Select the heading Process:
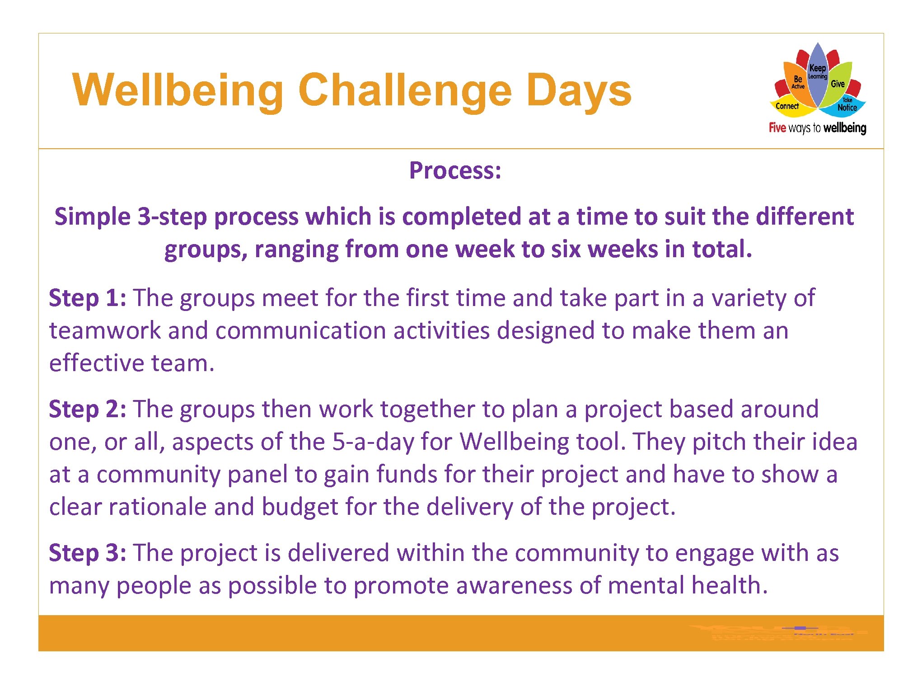pyautogui.click(x=455, y=171)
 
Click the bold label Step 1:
pyautogui.click(x=87, y=298)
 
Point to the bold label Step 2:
pyautogui.click(x=87, y=410)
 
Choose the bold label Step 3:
pyautogui.click(x=87, y=553)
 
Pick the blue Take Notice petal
pyautogui.click(x=847, y=106)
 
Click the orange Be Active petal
pyautogui.click(x=797, y=81)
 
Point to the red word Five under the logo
pyautogui.click(x=777, y=128)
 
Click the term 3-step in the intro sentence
pyautogui.click(x=172, y=217)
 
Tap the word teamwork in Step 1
pyautogui.click(x=105, y=331)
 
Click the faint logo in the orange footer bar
pyautogui.click(x=777, y=633)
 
